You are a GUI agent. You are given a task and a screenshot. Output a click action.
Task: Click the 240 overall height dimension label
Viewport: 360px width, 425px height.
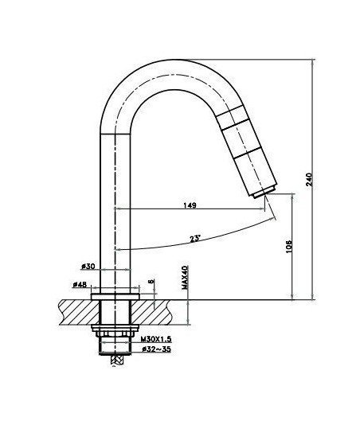tap(310, 179)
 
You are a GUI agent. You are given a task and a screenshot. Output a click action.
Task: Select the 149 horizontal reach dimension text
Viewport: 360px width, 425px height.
tap(190, 205)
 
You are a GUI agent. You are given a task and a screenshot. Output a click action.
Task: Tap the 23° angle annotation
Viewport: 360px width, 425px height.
tap(195, 239)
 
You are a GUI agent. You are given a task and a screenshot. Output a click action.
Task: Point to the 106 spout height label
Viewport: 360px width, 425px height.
tap(289, 247)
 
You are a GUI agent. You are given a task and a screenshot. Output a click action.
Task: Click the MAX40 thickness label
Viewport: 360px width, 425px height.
tap(185, 277)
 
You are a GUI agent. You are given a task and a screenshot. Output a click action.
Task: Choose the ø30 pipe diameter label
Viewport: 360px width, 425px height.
tap(88, 267)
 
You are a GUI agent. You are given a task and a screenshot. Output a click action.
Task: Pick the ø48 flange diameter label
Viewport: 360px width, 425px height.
tap(80, 285)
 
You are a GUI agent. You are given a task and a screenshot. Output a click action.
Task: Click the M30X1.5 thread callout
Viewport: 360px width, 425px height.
tap(156, 339)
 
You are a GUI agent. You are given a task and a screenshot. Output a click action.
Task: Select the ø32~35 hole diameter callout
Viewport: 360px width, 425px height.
tap(157, 349)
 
